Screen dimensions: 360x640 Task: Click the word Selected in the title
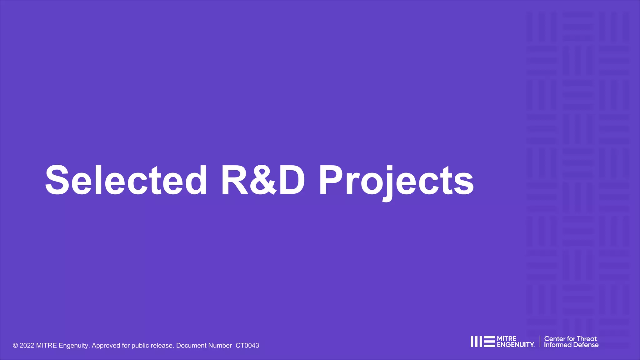[x=126, y=180]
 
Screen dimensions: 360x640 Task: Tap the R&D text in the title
[x=263, y=180]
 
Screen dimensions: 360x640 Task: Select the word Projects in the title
[x=396, y=181]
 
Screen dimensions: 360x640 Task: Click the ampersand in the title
[x=263, y=181]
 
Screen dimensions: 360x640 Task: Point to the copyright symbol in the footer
[x=15, y=346]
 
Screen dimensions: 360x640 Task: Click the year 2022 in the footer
[x=27, y=346]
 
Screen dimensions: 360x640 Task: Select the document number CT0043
[x=247, y=346]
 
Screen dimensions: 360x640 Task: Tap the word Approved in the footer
[x=106, y=346]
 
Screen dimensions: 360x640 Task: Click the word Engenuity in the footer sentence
[x=74, y=346]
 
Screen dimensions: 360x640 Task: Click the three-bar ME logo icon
[x=482, y=342]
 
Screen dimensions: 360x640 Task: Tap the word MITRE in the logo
[x=507, y=339]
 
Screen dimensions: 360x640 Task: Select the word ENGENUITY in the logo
[x=515, y=345]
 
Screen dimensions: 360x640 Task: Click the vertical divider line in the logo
[x=540, y=342]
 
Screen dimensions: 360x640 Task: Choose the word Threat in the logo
[x=587, y=339]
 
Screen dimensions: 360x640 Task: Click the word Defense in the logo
[x=586, y=345]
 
